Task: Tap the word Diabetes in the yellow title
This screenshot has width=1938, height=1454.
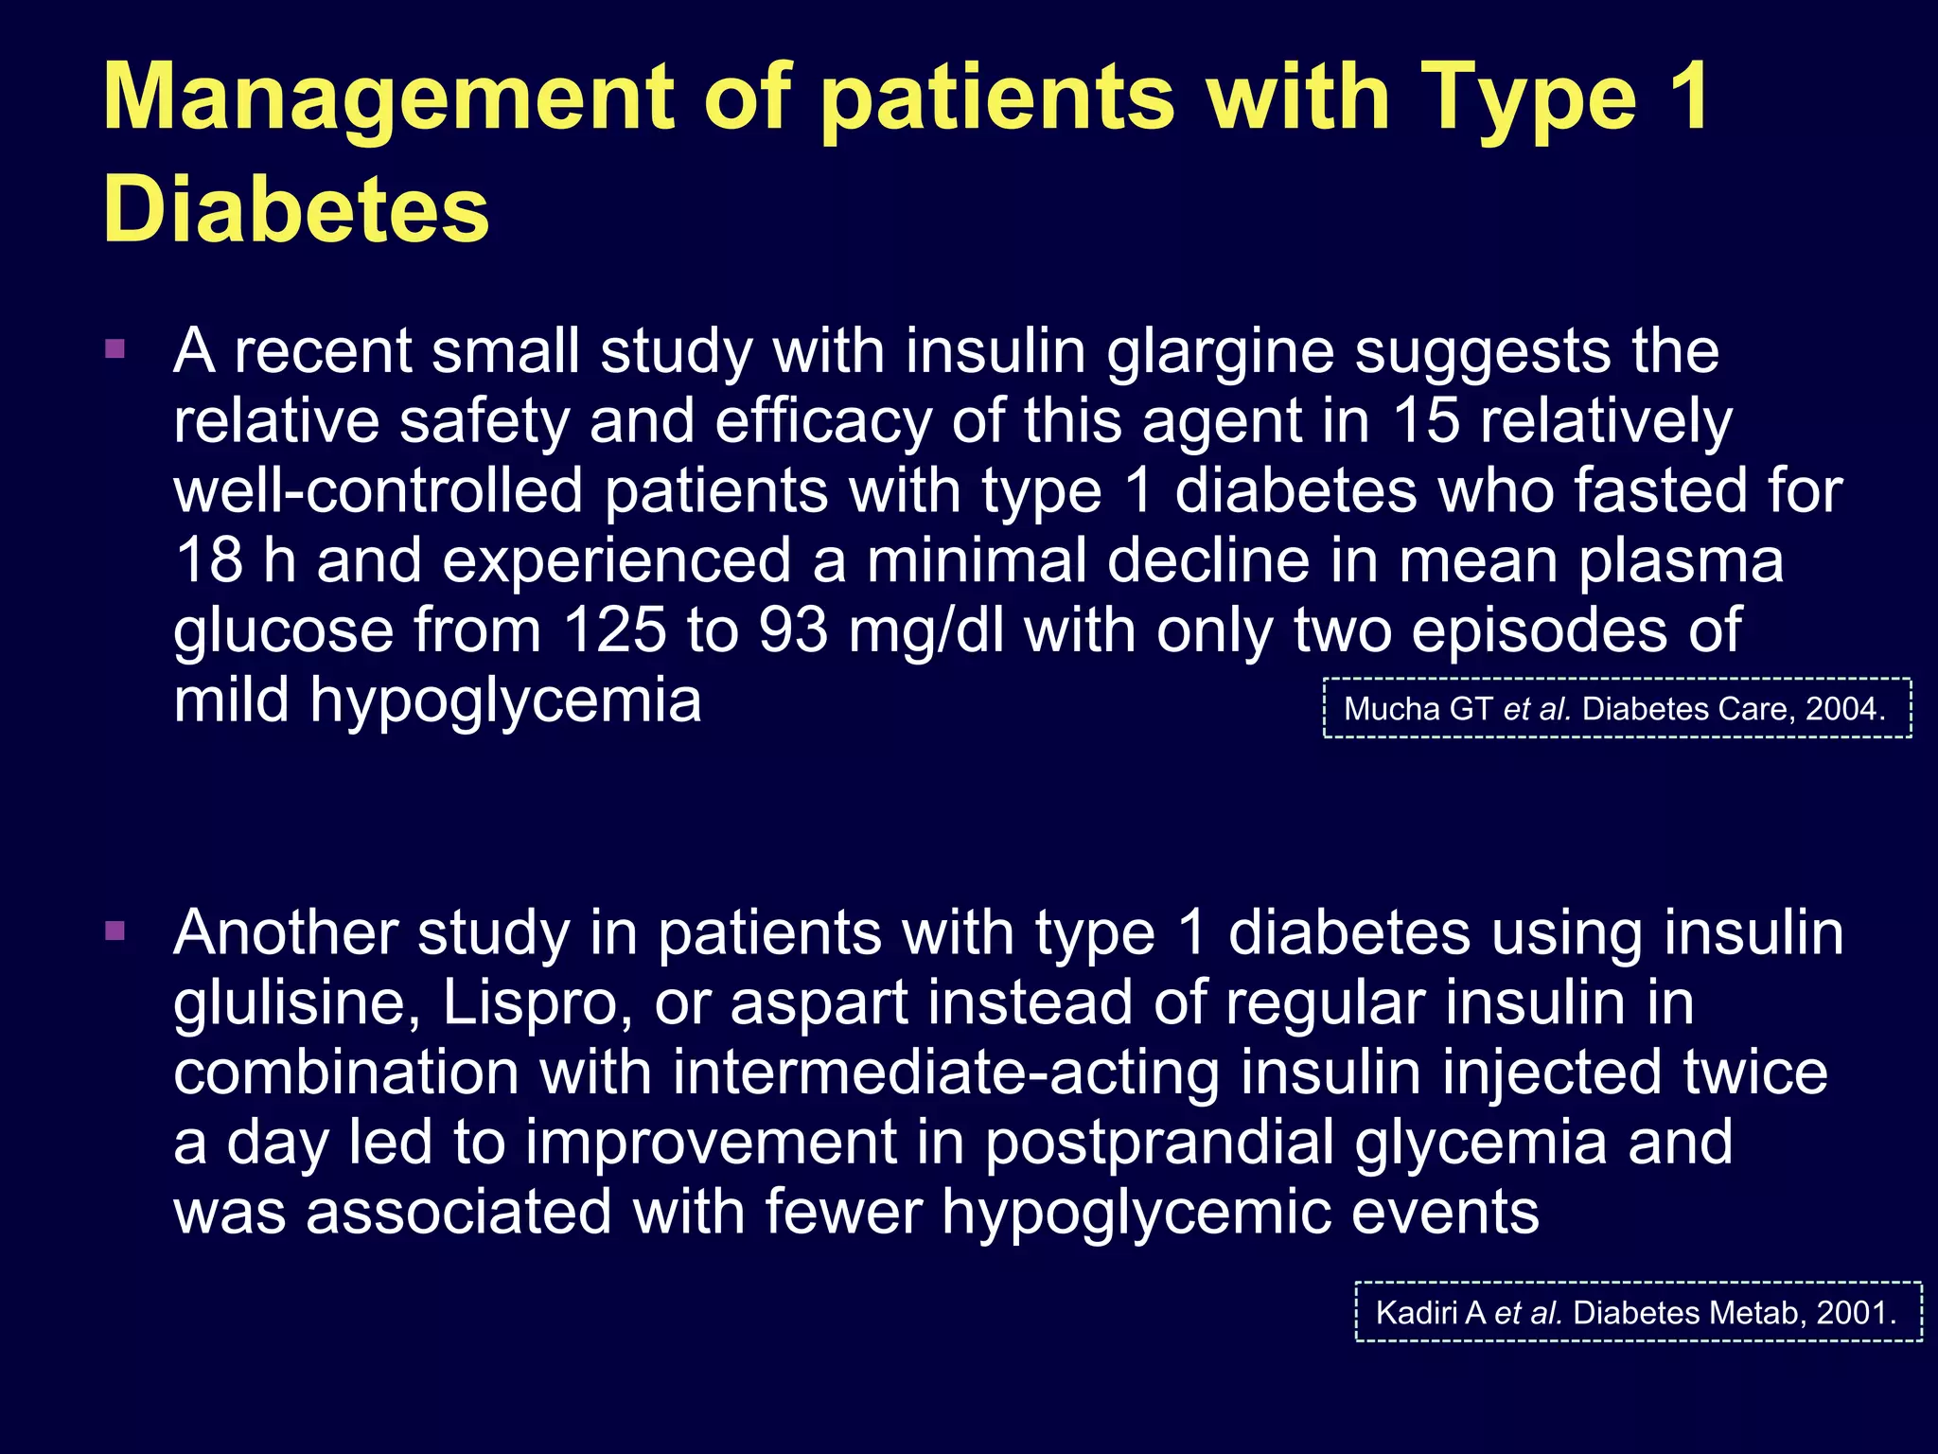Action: click(x=296, y=209)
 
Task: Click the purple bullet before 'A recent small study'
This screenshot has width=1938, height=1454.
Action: click(x=115, y=350)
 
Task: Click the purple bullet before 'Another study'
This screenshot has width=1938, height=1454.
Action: click(x=115, y=931)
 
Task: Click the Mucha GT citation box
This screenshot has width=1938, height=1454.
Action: click(x=1616, y=708)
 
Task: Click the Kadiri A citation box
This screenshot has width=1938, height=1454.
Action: click(x=1638, y=1312)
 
